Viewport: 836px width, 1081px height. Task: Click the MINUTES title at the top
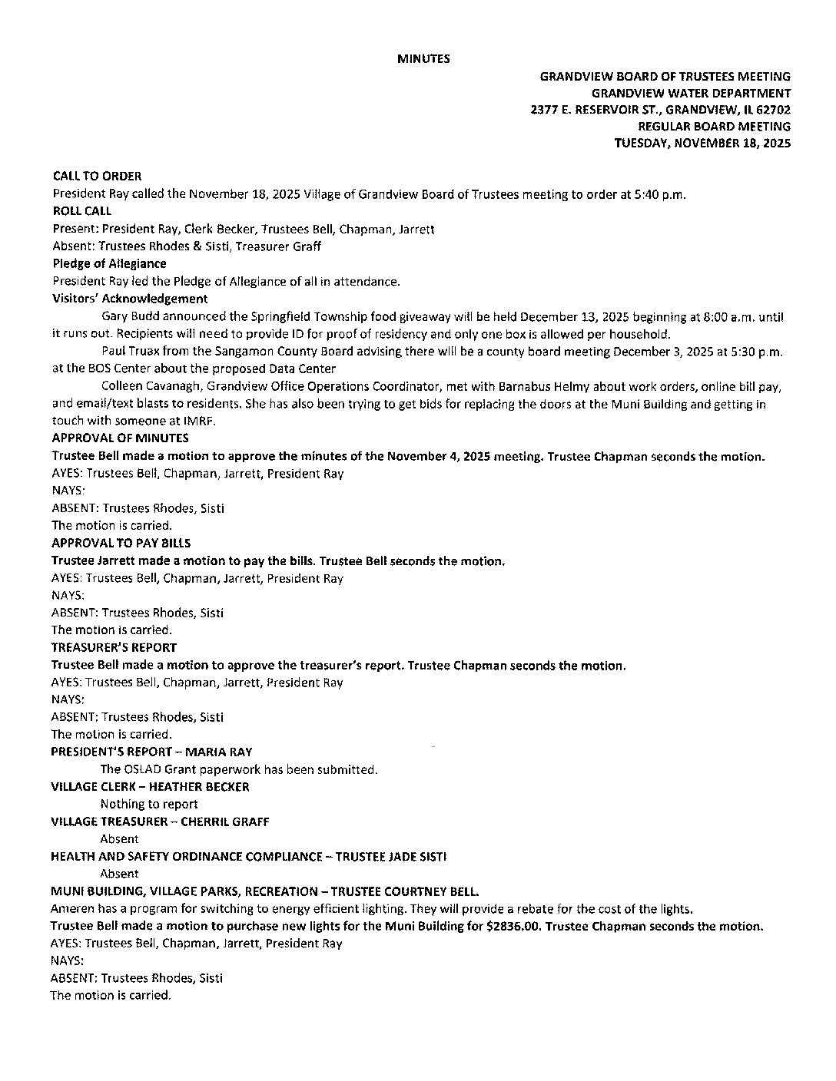pos(423,58)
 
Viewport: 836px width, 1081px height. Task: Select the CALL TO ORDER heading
pos(97,176)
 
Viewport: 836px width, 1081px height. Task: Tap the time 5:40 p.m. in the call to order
pos(662,193)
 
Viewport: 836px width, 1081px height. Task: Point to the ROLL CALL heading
pos(81,210)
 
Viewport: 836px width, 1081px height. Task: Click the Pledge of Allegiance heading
pos(109,263)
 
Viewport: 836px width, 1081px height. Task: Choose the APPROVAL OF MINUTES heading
pos(120,438)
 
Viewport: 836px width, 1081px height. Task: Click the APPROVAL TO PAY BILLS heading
pos(121,543)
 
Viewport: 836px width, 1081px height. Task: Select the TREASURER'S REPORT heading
pos(114,647)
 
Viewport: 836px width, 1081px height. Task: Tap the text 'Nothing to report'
pos(149,804)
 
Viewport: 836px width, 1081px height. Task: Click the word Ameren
pos(72,908)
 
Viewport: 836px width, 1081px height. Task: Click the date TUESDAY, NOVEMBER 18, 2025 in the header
pos(702,143)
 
